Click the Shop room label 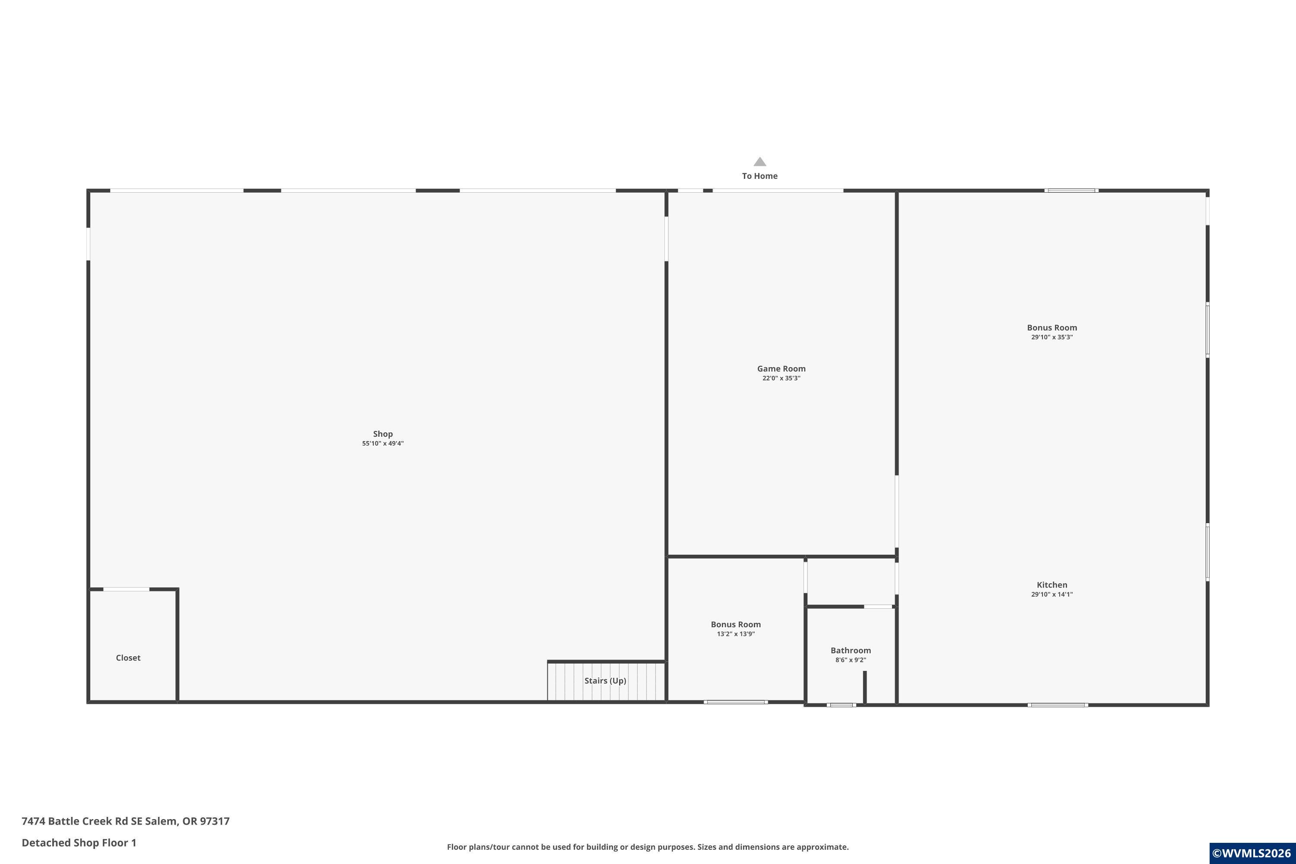tap(382, 434)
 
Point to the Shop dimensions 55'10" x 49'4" tap(382, 444)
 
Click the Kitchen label tap(1052, 584)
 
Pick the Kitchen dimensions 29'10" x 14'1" tap(1052, 594)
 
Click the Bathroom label tap(851, 650)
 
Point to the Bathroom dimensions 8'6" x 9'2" tap(851, 660)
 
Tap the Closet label tap(128, 658)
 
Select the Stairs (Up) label tap(605, 680)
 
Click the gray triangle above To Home tap(760, 162)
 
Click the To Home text tap(760, 176)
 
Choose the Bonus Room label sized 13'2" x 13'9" tap(736, 624)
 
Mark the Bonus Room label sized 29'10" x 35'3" tap(1052, 327)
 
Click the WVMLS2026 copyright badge tap(1252, 853)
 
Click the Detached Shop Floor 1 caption tap(79, 842)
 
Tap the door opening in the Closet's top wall tap(126, 590)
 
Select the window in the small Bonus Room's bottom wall tap(736, 702)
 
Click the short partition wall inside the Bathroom tap(864, 687)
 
